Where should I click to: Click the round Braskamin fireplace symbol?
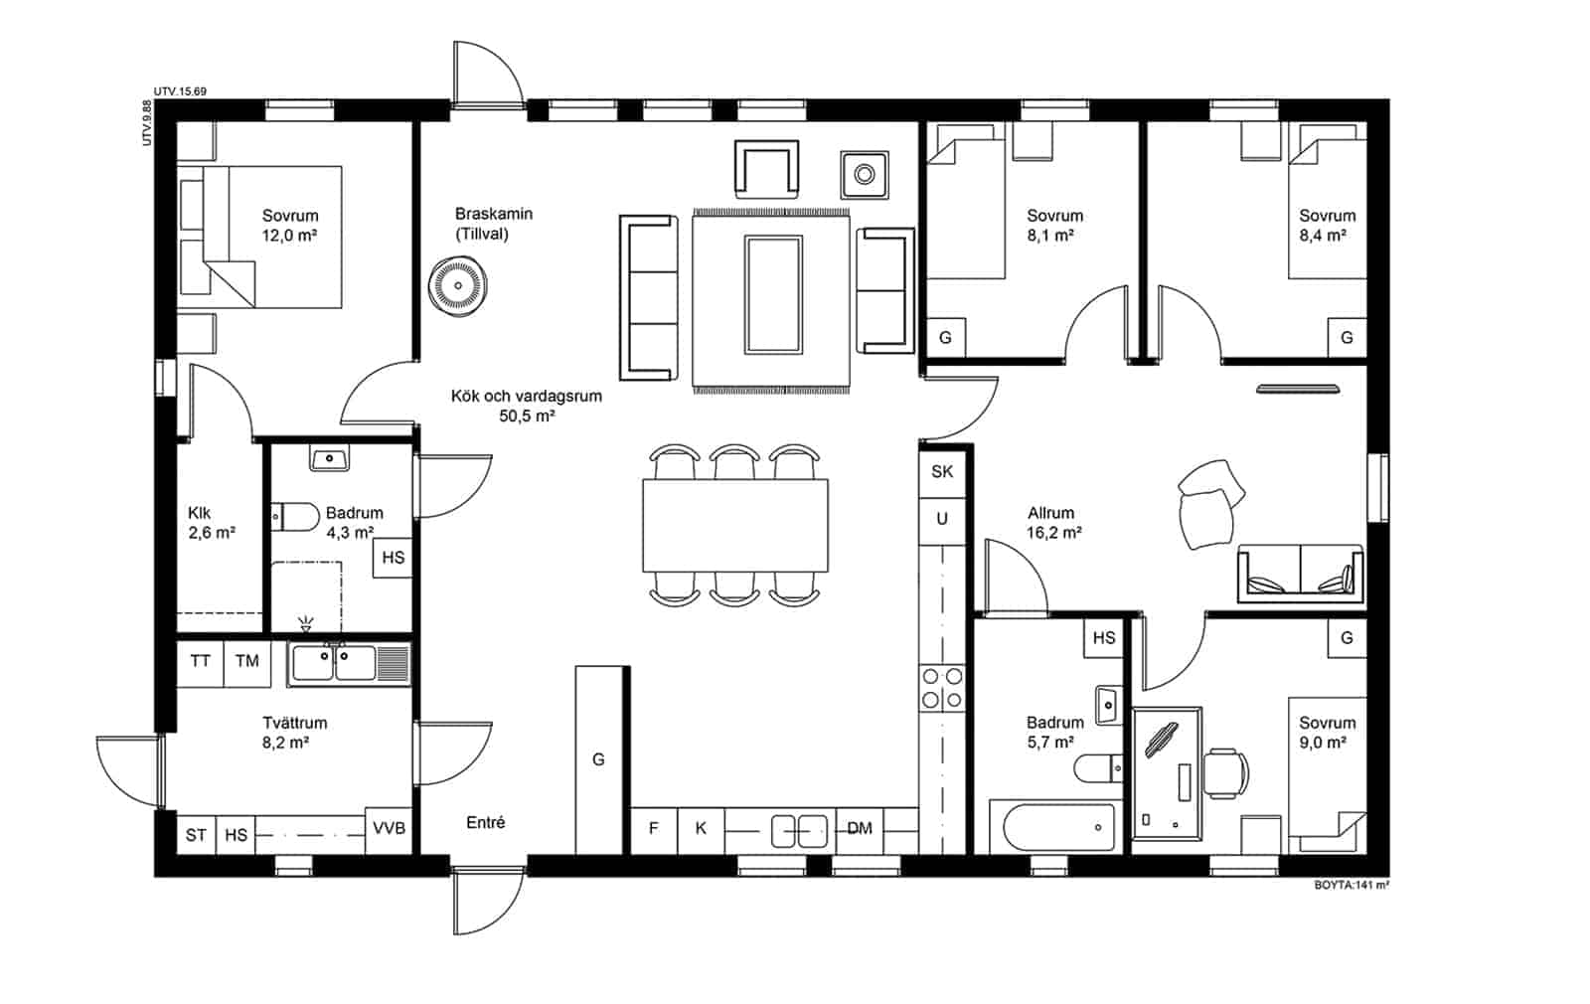point(458,286)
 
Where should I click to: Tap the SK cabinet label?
point(942,471)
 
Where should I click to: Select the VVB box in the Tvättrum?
point(389,829)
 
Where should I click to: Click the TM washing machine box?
point(247,662)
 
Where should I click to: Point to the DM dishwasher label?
point(860,829)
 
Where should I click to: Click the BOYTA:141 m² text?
point(1351,886)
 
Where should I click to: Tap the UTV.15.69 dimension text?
point(180,91)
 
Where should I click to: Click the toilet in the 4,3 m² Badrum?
point(296,517)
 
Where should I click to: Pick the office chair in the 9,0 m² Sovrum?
point(1226,772)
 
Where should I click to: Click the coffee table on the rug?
point(773,295)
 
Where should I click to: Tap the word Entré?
point(486,823)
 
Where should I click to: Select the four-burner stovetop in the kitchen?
point(942,688)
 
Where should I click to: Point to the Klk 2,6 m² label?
point(212,523)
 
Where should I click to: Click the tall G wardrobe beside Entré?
point(599,759)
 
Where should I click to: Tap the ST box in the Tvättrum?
point(196,835)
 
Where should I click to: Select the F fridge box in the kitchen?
point(654,830)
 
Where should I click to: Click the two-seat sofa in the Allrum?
point(1301,574)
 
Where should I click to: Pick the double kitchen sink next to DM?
point(799,831)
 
